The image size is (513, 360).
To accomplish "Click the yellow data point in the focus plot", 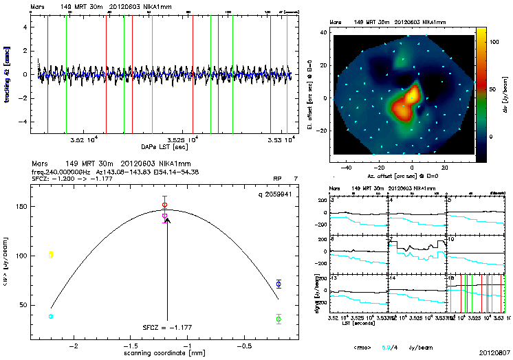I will pyautogui.click(x=51, y=255).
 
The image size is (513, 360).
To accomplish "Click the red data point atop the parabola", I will pyautogui.click(x=164, y=205).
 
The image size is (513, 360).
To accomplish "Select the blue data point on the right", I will pyautogui.click(x=279, y=284).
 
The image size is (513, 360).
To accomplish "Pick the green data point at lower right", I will pyautogui.click(x=279, y=319).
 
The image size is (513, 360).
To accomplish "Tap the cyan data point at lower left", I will pyautogui.click(x=51, y=316).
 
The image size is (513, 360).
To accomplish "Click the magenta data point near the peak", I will pyautogui.click(x=164, y=216).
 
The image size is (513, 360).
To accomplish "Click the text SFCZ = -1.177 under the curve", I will pyautogui.click(x=165, y=328).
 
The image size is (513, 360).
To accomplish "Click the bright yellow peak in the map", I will pyautogui.click(x=413, y=97).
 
